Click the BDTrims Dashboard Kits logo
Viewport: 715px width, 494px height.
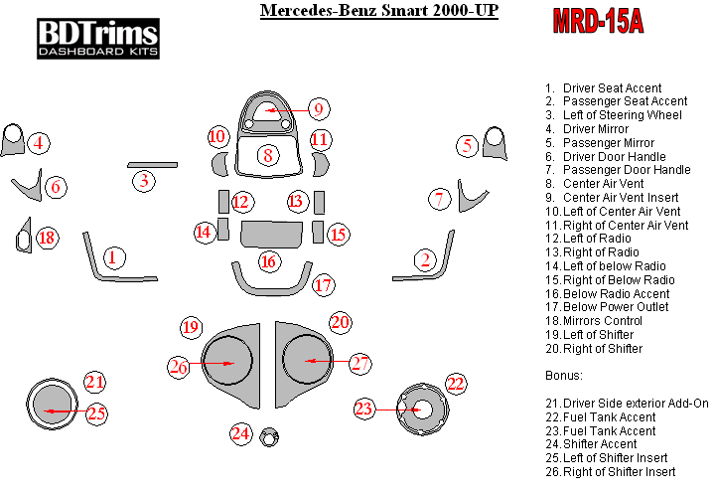click(97, 36)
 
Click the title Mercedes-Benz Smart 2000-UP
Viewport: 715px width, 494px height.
click(378, 12)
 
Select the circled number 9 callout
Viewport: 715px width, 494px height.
click(318, 108)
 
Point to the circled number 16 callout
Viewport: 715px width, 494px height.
click(268, 261)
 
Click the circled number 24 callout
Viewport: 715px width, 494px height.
click(240, 433)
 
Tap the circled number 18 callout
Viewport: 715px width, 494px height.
click(47, 238)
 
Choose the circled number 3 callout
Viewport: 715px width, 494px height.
click(145, 180)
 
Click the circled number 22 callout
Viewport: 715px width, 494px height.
click(455, 383)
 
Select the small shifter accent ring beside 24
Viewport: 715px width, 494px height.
click(267, 437)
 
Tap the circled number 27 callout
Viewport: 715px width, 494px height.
click(359, 364)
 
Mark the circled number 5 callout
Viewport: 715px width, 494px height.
click(467, 146)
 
